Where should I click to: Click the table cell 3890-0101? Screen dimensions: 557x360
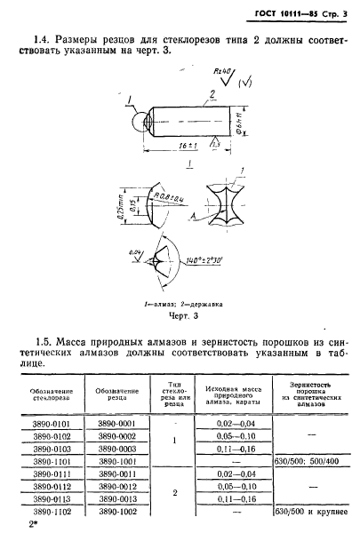coord(50,426)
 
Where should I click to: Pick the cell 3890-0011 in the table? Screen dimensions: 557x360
coord(117,476)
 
